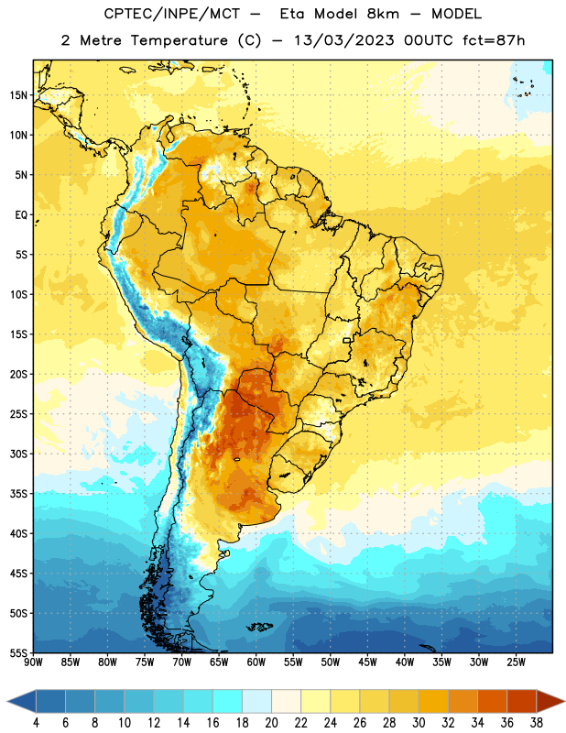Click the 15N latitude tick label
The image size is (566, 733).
(18, 95)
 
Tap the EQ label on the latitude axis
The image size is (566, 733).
(21, 215)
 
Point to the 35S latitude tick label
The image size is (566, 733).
(18, 494)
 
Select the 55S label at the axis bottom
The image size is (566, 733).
(18, 653)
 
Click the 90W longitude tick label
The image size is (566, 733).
(33, 662)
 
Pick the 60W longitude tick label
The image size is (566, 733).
(256, 662)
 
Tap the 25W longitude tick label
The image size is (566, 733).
(516, 662)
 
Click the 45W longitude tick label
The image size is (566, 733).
(367, 662)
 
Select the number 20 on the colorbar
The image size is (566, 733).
(271, 723)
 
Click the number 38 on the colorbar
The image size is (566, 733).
(536, 723)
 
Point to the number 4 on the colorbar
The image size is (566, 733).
(36, 723)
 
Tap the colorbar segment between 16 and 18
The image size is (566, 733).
(228, 701)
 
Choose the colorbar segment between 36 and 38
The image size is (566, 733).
(522, 701)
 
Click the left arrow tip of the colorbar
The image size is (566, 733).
(7, 701)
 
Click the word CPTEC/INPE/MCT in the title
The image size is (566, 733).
(172, 14)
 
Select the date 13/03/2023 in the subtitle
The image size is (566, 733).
(344, 40)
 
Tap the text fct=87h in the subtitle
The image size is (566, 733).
(494, 40)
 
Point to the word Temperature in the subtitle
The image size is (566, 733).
(179, 40)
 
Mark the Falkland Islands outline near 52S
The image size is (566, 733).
(260, 627)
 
